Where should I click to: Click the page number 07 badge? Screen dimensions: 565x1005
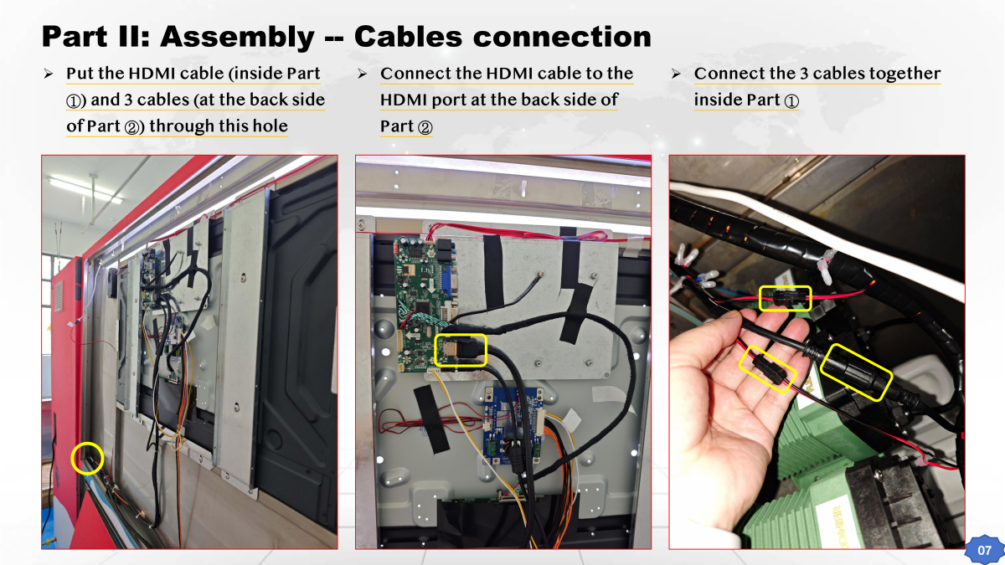coord(984,551)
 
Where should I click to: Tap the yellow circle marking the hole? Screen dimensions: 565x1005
coord(88,458)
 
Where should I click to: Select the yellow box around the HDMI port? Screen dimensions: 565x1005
coord(461,349)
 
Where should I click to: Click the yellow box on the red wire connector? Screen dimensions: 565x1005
coord(785,298)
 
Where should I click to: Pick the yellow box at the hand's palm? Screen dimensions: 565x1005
coord(769,368)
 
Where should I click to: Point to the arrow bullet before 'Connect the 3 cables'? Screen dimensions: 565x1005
coord(675,74)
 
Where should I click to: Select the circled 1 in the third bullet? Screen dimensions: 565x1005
coord(791,101)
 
